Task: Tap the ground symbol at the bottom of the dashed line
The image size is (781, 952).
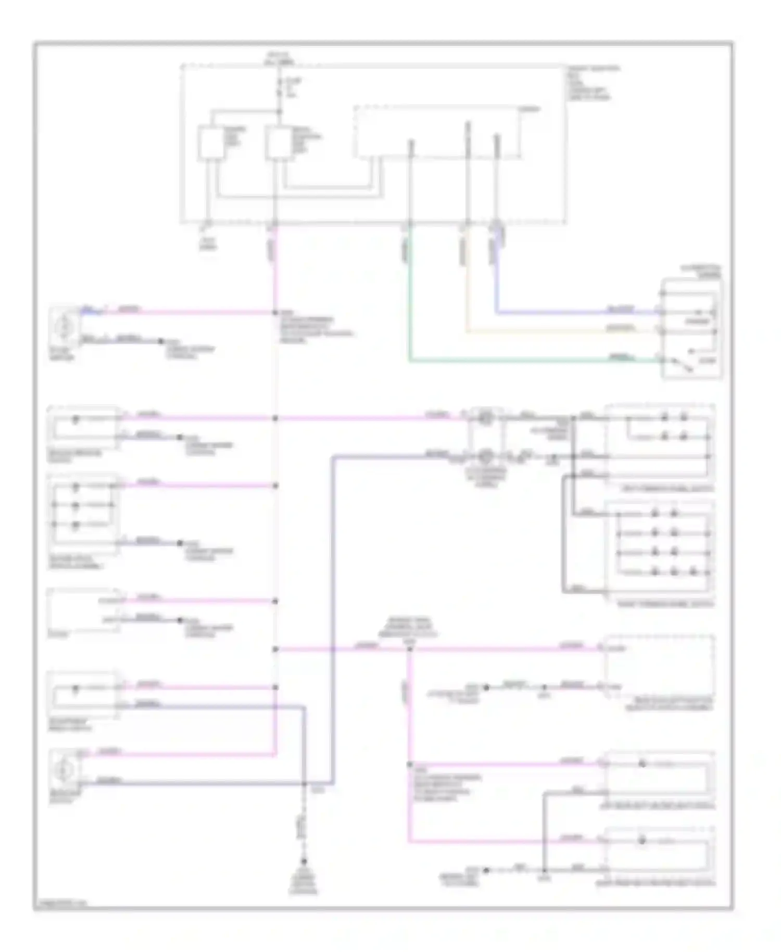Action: click(x=304, y=862)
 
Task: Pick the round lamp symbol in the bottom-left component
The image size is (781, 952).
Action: click(x=65, y=768)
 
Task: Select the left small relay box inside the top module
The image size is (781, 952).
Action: click(x=211, y=142)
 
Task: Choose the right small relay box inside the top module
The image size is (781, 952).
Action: click(x=279, y=142)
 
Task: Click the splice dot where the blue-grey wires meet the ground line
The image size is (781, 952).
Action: click(x=304, y=783)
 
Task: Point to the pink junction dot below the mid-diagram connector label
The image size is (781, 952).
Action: click(x=410, y=649)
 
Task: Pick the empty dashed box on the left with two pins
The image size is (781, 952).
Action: click(x=83, y=610)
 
